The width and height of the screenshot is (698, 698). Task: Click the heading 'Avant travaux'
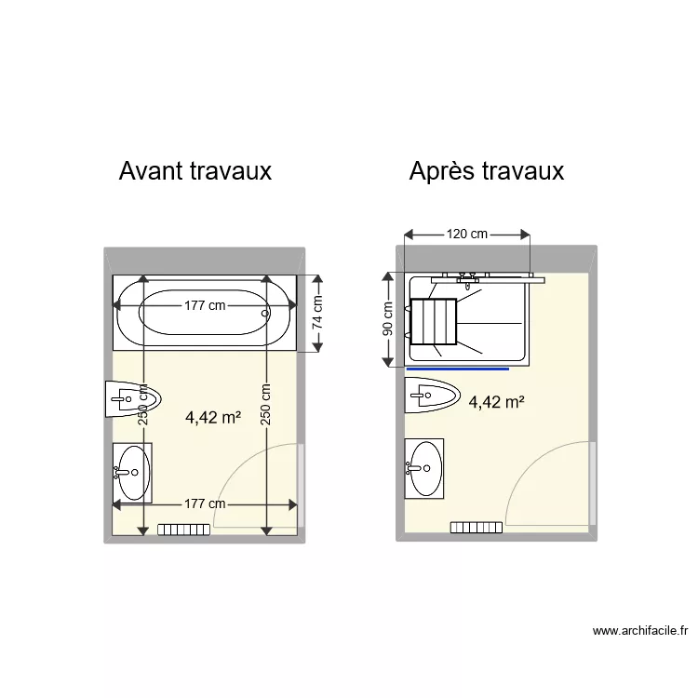(x=195, y=171)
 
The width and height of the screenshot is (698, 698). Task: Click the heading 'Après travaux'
(x=486, y=171)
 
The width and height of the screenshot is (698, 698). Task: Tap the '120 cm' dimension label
(x=467, y=235)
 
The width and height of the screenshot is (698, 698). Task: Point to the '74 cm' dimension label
(x=317, y=314)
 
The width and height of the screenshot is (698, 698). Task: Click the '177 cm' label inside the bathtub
(x=204, y=305)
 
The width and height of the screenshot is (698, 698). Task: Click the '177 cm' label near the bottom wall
(x=204, y=504)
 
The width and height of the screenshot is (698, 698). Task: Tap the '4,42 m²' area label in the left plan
(x=213, y=418)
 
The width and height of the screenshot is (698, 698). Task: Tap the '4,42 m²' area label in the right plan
(x=496, y=402)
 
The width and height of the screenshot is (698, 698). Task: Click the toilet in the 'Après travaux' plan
(x=433, y=395)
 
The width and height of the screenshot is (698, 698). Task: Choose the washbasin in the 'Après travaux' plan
(x=424, y=468)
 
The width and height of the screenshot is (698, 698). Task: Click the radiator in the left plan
(x=183, y=530)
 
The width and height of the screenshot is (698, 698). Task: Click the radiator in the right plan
(x=476, y=527)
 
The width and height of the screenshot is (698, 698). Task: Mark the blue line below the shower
(x=458, y=369)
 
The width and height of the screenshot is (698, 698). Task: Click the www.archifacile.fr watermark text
(x=640, y=631)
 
